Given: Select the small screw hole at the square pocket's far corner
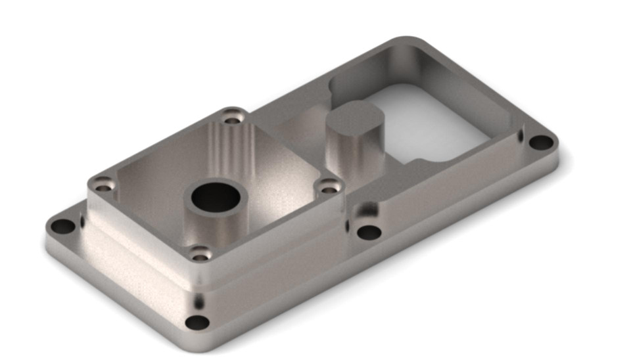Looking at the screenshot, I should [x=230, y=119].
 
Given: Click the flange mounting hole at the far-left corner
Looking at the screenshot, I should [x=64, y=227].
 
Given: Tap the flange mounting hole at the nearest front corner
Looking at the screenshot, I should [x=197, y=323].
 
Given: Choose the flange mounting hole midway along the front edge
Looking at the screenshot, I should [x=368, y=232].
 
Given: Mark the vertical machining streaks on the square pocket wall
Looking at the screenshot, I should [x=230, y=148].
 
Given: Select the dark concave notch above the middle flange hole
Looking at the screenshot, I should [x=363, y=211].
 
